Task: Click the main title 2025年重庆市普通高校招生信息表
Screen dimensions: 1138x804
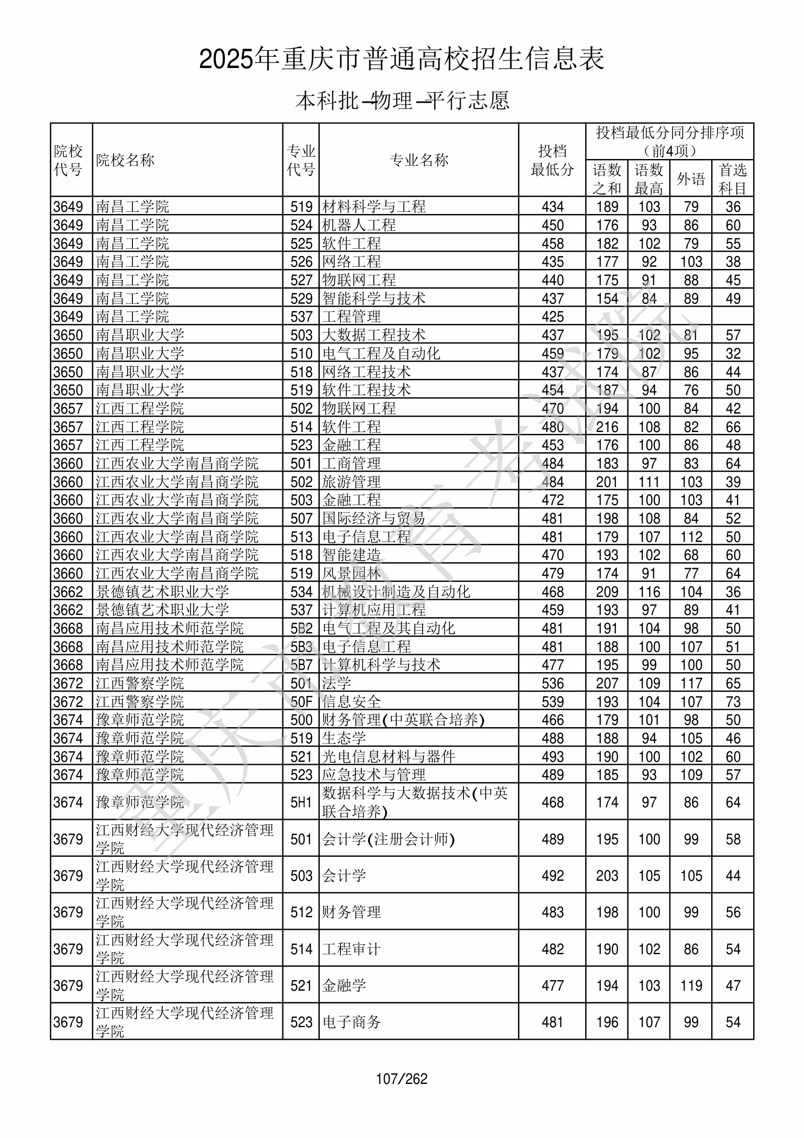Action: pyautogui.click(x=401, y=59)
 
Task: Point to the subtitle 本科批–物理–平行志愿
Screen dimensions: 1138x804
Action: pyautogui.click(x=402, y=100)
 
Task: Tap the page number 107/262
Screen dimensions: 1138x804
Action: pyautogui.click(x=401, y=1079)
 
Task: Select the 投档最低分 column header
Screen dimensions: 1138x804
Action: pyautogui.click(x=552, y=160)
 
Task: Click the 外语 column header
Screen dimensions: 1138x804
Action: pyautogui.click(x=690, y=179)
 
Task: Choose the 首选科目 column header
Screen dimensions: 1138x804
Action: pyautogui.click(x=733, y=179)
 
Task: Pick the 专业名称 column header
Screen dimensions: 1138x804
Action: pyautogui.click(x=419, y=160)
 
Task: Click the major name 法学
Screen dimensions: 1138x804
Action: pyautogui.click(x=336, y=683)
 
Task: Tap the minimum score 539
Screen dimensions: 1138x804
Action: pyautogui.click(x=552, y=701)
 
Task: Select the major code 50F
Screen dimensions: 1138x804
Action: pyautogui.click(x=301, y=701)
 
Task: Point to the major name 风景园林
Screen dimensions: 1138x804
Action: pyautogui.click(x=351, y=574)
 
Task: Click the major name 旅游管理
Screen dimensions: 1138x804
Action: pyautogui.click(x=351, y=482)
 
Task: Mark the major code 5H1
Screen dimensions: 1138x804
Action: pyautogui.click(x=301, y=802)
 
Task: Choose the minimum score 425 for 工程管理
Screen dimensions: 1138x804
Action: pyautogui.click(x=552, y=317)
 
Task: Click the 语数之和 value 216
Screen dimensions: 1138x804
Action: pyautogui.click(x=607, y=427)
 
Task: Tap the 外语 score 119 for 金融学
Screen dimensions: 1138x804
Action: pyautogui.click(x=691, y=985)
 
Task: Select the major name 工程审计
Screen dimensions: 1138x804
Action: pyautogui.click(x=351, y=949)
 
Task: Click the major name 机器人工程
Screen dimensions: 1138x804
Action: pyautogui.click(x=359, y=225)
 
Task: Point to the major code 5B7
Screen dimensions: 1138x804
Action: pyautogui.click(x=301, y=665)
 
